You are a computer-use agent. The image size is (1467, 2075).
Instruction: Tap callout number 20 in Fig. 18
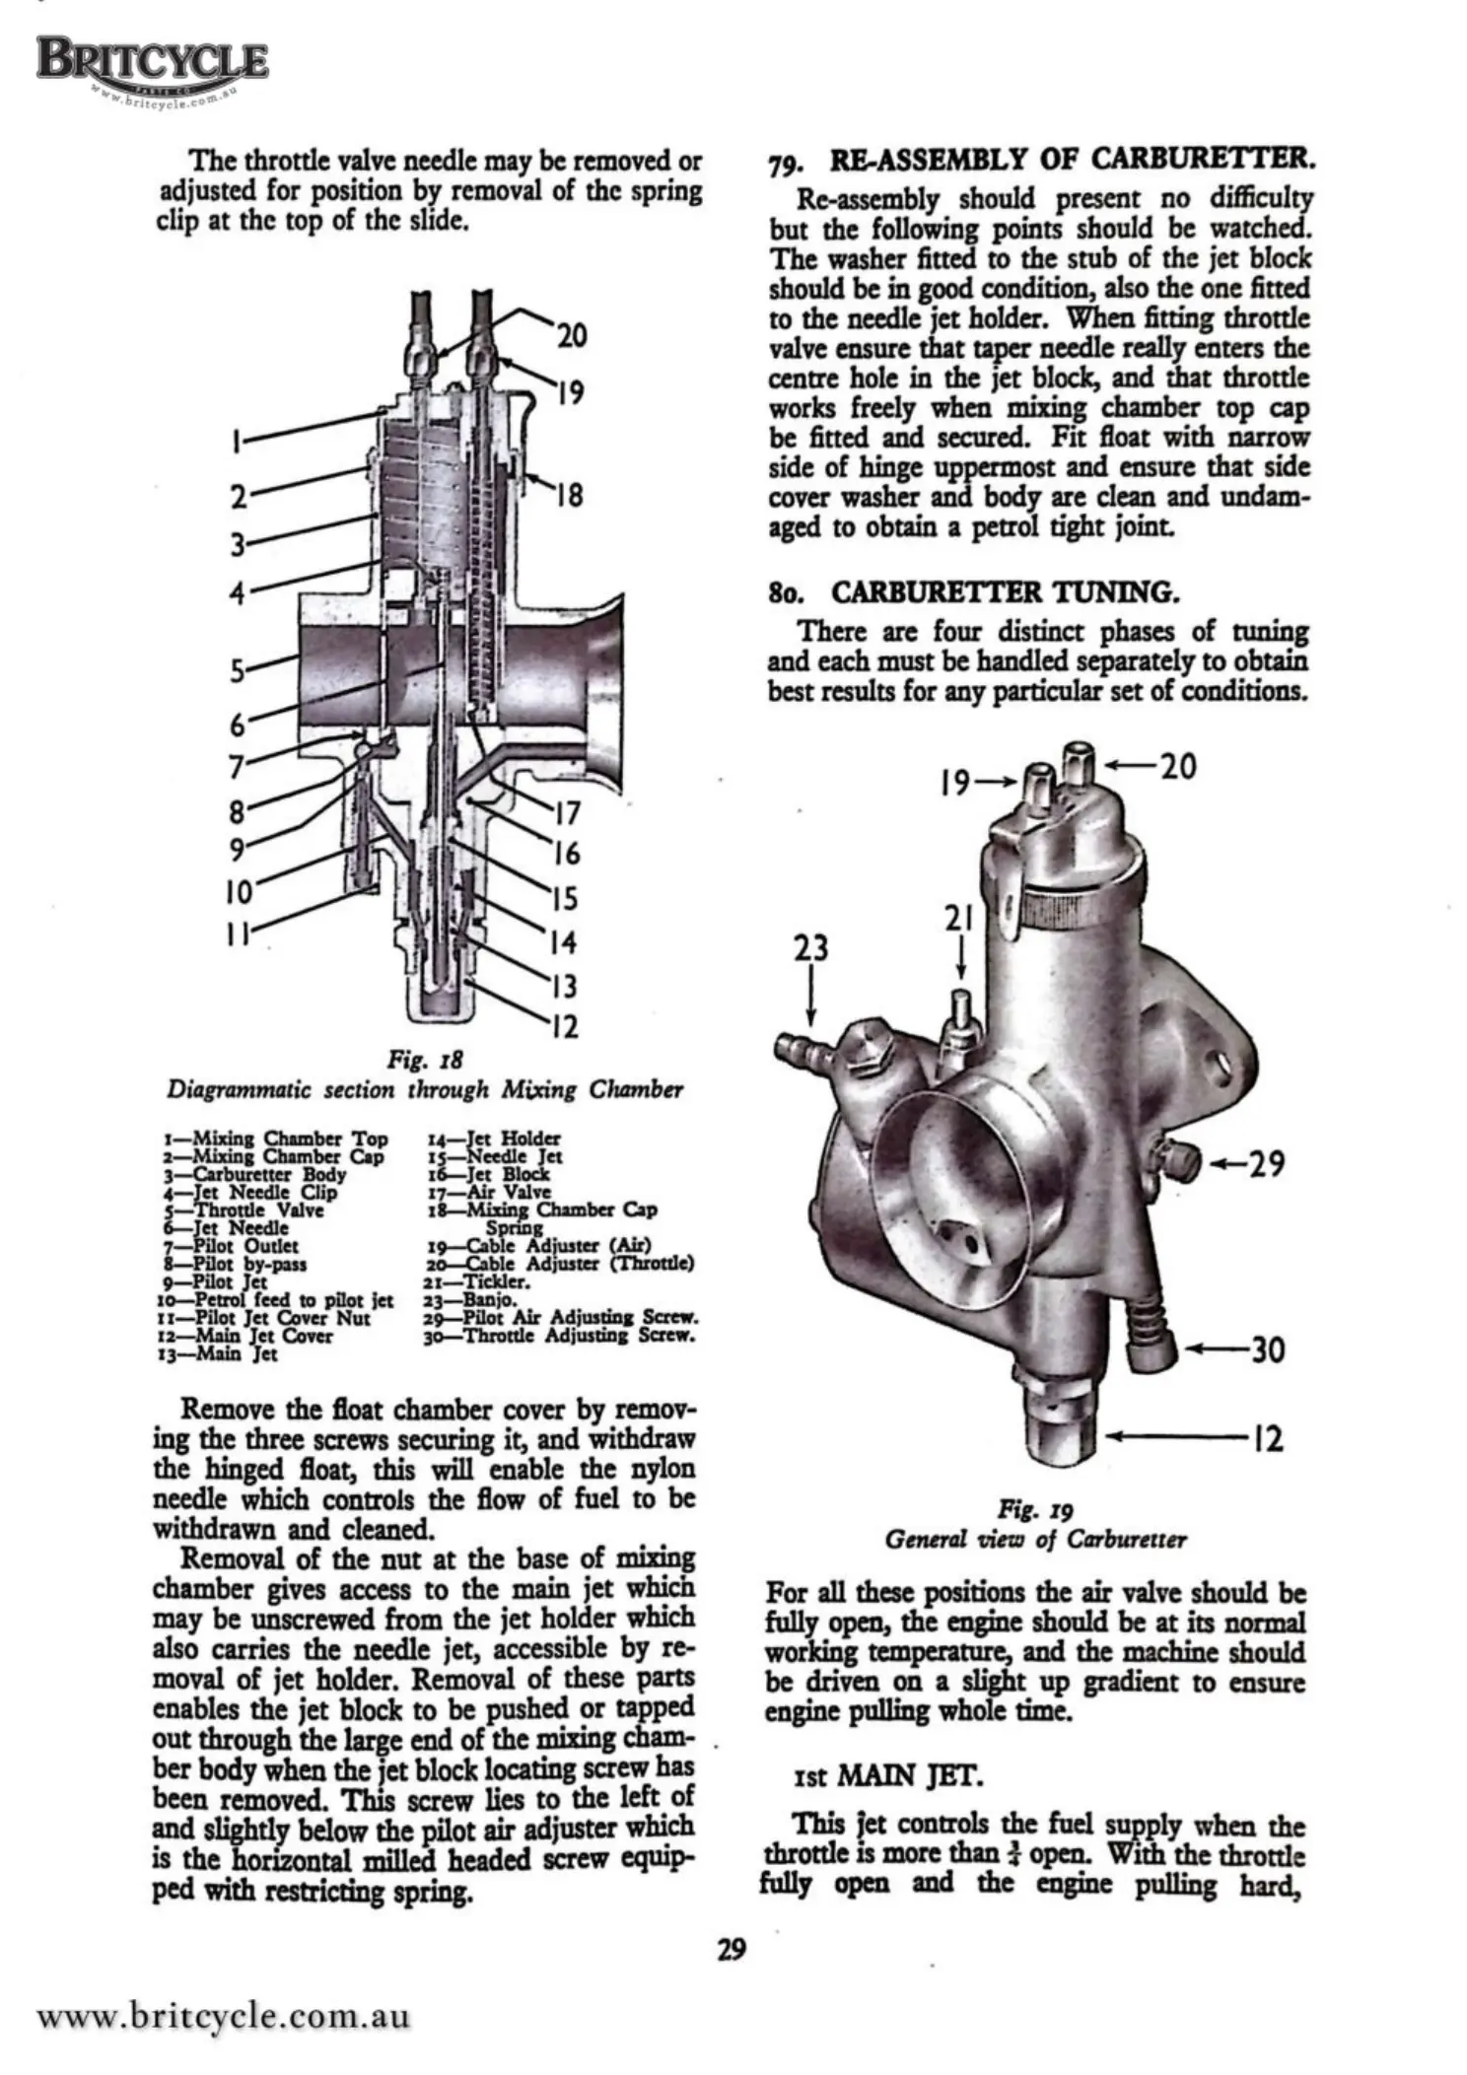coord(572,336)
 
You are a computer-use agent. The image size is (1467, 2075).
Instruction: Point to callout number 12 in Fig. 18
coord(564,1028)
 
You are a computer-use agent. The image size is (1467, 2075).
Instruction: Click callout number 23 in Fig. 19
coord(811,949)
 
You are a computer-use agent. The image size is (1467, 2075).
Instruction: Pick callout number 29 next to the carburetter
coord(1266,1164)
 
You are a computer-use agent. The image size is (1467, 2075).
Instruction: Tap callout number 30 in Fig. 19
coord(1268,1349)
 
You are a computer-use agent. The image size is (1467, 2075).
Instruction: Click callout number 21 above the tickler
coord(959,920)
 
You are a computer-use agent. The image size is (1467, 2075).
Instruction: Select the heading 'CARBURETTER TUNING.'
coord(1004,592)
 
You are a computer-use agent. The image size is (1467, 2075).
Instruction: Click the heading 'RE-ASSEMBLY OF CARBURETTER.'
coord(1073,159)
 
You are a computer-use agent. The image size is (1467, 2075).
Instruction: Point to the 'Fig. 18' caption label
coord(425,1061)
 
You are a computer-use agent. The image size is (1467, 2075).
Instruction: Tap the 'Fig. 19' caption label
coord(1034,1509)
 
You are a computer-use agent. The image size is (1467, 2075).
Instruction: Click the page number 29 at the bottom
coord(732,1949)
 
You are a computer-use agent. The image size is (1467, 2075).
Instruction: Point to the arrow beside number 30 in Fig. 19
coord(1215,1349)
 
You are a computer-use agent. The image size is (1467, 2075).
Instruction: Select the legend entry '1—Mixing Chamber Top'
coord(276,1140)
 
